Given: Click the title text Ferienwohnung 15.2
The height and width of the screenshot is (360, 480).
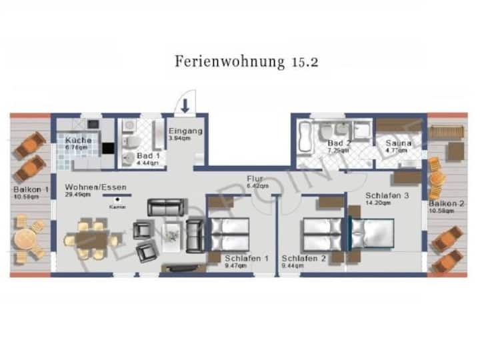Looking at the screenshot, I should [246, 61].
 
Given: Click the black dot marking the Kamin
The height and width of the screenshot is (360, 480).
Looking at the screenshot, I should [118, 199].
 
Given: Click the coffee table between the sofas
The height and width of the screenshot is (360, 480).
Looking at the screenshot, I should [173, 233].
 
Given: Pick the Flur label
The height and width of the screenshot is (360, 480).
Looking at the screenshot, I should [255, 179].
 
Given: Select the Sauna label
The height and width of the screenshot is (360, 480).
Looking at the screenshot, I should [398, 143].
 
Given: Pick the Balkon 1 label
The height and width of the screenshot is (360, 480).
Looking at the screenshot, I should [31, 189].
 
